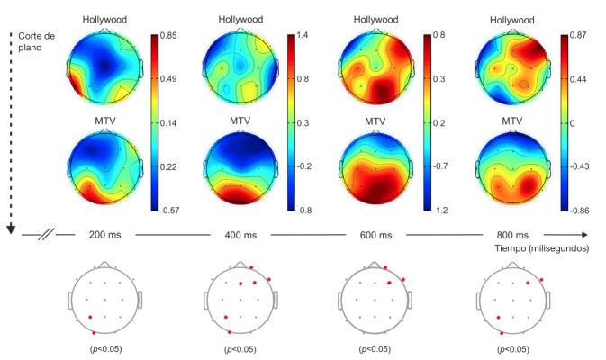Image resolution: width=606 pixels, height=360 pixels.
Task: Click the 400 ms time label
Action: tap(241, 236)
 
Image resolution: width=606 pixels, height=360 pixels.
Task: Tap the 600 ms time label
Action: tap(376, 236)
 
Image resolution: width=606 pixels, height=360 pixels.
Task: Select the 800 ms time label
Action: tap(512, 236)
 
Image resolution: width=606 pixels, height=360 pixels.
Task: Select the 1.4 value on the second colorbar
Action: tap(303, 34)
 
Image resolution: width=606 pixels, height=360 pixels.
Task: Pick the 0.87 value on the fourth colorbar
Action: tap(574, 34)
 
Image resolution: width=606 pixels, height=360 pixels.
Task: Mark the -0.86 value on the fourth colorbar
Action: tap(575, 211)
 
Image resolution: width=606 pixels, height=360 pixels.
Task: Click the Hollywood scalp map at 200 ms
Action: tap(106, 67)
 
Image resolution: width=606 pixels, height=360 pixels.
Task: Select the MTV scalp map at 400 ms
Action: tap(241, 167)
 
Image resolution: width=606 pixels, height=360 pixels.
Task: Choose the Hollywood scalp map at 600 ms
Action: tap(376, 67)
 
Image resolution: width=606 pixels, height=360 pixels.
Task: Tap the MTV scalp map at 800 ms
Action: tap(511, 167)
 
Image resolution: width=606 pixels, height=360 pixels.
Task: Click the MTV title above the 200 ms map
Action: tap(106, 121)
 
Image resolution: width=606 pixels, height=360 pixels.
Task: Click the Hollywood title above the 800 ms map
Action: tap(511, 19)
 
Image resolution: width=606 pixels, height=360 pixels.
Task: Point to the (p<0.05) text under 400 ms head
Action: tap(241, 347)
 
